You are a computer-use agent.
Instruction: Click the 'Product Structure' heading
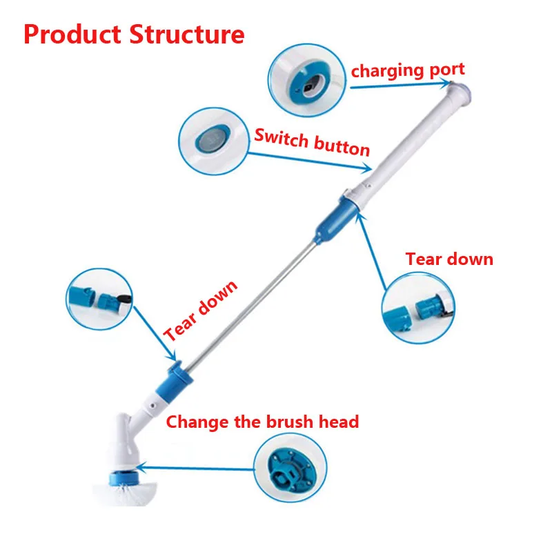coord(134,34)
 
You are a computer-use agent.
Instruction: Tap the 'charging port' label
coord(407,70)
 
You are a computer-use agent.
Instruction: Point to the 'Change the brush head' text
coord(262,421)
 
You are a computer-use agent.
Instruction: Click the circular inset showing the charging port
coord(307,79)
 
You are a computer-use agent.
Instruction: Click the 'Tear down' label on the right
coord(449,259)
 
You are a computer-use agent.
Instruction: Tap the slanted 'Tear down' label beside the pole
coord(201,310)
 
